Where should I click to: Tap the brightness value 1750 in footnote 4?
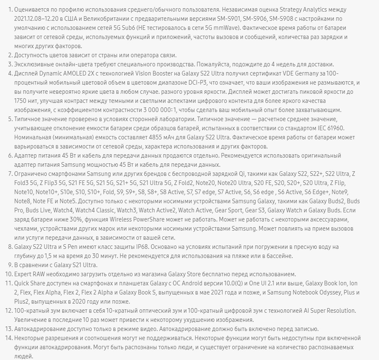(21, 101)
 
